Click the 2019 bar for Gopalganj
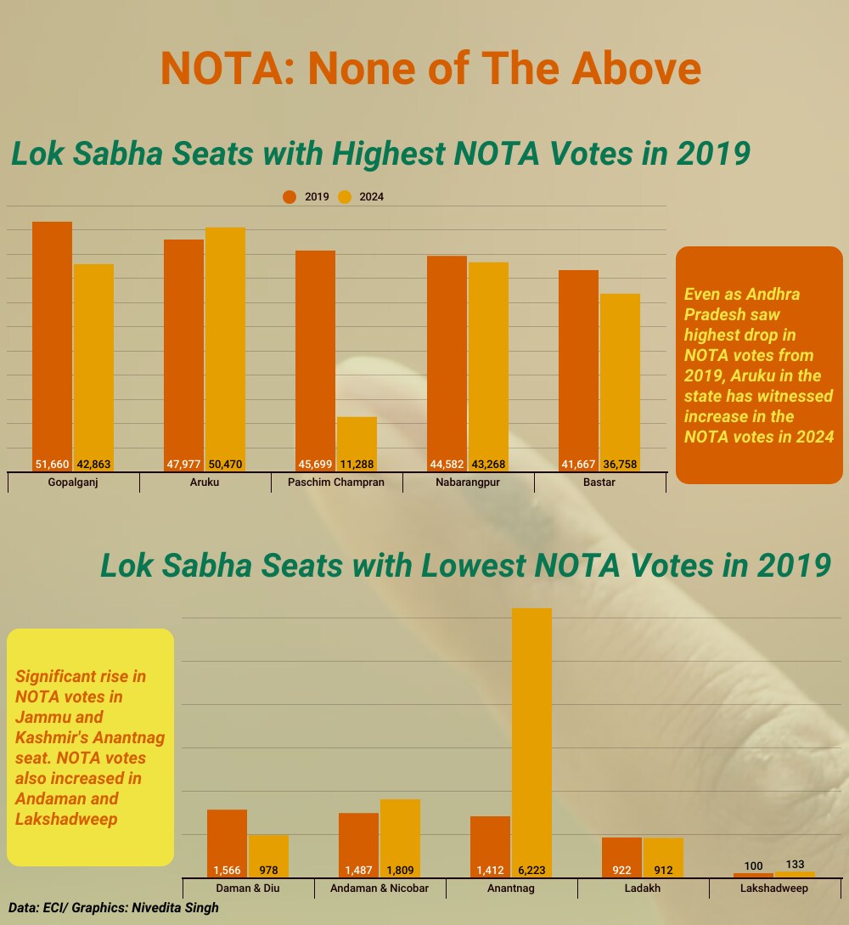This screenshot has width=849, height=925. pos(52,340)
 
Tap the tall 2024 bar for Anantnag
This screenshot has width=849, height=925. pos(531,739)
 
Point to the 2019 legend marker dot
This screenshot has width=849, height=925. pos(290,197)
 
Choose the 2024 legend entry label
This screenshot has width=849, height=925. pos(371,197)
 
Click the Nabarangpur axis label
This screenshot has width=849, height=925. pos(468,482)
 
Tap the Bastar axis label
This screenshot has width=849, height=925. pos(599,482)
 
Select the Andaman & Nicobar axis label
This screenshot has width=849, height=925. pos(380,888)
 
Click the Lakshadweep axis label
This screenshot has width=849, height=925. pos(774,888)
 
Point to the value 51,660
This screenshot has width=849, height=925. pos(52,465)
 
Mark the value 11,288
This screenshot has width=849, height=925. pos(357,465)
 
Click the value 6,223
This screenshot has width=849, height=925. pos(531,871)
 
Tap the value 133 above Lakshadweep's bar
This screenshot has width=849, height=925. pos(796,865)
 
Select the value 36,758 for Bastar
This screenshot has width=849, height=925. pos(620,465)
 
